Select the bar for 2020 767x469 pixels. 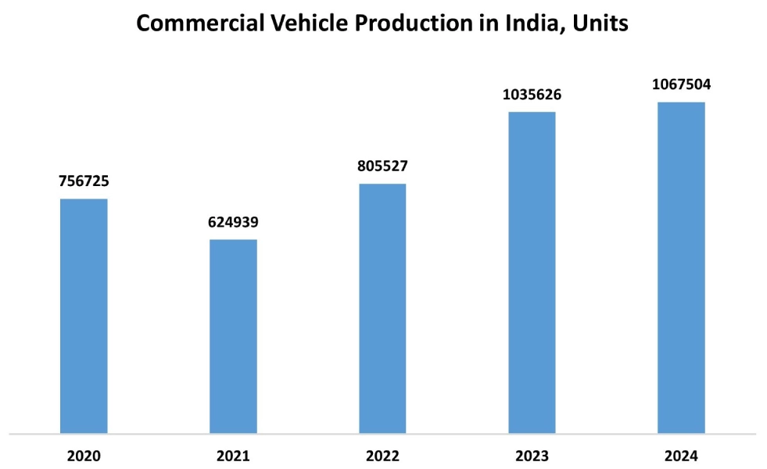click(x=84, y=316)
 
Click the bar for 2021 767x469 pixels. click(x=233, y=336)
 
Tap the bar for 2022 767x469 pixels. click(x=382, y=308)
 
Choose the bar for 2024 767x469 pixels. click(x=681, y=267)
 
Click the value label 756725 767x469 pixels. click(x=84, y=181)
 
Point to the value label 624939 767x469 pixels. click(x=233, y=223)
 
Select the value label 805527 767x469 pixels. click(x=382, y=166)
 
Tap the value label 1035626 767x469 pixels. click(x=532, y=95)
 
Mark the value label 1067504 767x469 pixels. click(x=681, y=85)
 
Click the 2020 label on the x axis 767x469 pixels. click(x=84, y=456)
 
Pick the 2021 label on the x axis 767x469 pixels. click(x=233, y=456)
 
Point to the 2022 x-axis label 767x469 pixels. click(x=382, y=456)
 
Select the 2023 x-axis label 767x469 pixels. click(x=532, y=456)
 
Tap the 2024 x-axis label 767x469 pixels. click(x=681, y=456)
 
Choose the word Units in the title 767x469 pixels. click(x=600, y=23)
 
